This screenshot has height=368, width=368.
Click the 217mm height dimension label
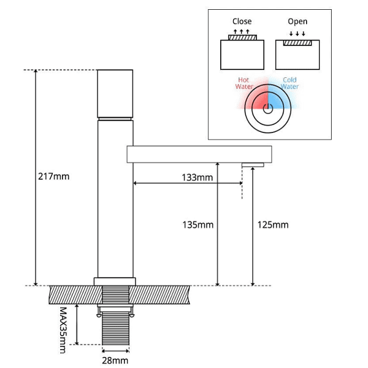point(53,177)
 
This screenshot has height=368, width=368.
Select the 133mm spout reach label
point(197,177)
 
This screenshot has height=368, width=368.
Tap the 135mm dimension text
point(197,224)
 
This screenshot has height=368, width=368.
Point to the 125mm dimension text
point(272,224)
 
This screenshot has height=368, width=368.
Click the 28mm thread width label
point(115,361)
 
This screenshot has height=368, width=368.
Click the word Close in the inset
point(242,21)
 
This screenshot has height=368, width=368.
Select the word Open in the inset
point(297,21)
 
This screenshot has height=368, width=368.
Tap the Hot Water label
point(244,83)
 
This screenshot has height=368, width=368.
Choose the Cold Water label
point(289,83)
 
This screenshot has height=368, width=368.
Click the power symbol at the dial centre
point(267,110)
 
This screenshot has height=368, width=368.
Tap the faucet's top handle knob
point(115,93)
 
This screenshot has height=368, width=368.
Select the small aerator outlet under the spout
point(253,165)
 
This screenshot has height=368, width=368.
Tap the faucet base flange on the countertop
point(115,282)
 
